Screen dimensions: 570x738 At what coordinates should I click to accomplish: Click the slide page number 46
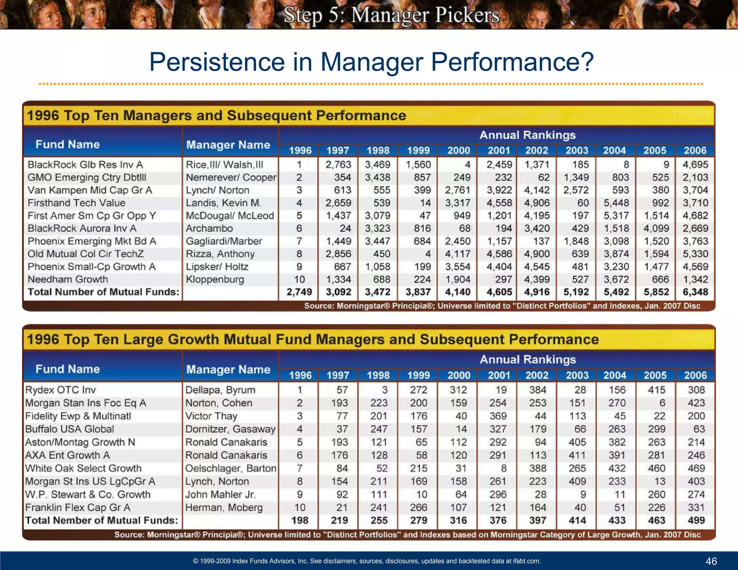click(711, 561)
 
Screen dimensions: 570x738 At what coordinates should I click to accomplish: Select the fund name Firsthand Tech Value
click(76, 203)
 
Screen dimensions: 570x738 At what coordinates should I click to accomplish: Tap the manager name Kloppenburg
click(215, 279)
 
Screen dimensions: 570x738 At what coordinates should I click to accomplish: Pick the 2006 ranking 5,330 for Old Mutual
click(695, 254)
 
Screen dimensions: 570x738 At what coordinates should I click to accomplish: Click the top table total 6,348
click(695, 292)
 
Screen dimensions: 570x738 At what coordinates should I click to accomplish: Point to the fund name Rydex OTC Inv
click(61, 390)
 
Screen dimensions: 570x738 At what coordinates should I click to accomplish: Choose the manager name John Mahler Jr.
click(221, 494)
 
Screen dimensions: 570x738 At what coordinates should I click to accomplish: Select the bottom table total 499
click(696, 520)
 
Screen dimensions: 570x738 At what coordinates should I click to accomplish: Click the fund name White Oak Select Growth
click(83, 468)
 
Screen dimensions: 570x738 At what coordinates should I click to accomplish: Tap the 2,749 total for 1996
click(299, 292)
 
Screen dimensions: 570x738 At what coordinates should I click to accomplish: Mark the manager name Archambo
click(209, 228)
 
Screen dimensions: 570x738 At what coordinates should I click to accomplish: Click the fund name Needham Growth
click(68, 279)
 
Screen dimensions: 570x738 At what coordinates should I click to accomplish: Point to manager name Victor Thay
click(211, 416)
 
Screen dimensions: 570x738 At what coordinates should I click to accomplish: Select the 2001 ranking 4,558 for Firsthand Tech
click(499, 203)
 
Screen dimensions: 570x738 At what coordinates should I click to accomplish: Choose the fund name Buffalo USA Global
click(70, 429)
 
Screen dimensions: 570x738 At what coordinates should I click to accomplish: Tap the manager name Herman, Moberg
click(224, 507)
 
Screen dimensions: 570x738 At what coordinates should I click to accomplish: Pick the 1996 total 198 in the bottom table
click(299, 520)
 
